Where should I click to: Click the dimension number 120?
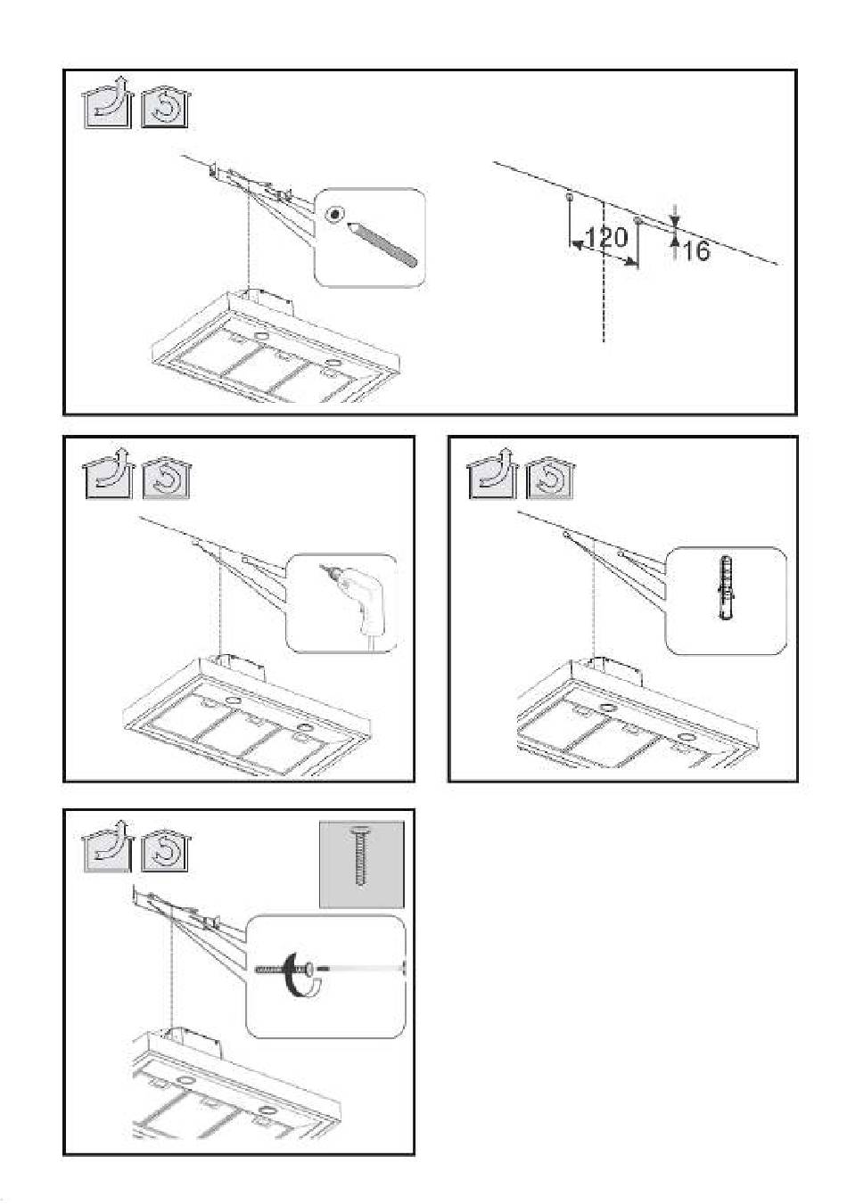pyautogui.click(x=605, y=237)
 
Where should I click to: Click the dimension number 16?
pyautogui.click(x=696, y=250)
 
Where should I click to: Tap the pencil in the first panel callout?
pyautogui.click(x=382, y=243)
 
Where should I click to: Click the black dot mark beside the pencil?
pyautogui.click(x=335, y=214)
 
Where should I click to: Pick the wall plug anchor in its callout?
pyautogui.click(x=726, y=587)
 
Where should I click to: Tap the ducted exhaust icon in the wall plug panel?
pyautogui.click(x=492, y=473)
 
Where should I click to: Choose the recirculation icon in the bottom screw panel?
pyautogui.click(x=166, y=851)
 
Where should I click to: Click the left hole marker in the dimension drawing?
pyautogui.click(x=570, y=199)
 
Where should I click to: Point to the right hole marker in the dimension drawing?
pyautogui.click(x=637, y=220)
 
